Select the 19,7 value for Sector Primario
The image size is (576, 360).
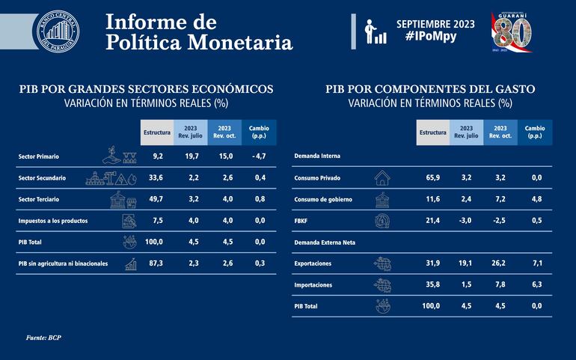point(192,157)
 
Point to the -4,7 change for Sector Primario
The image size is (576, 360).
point(260,157)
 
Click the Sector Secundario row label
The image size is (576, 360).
point(42,178)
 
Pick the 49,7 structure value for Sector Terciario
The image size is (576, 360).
point(157,200)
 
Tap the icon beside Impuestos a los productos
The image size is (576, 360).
point(130,221)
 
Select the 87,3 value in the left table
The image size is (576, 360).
point(157,263)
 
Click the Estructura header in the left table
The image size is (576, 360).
point(157,132)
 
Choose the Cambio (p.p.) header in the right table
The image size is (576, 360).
point(535,132)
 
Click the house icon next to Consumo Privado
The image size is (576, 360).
point(382,178)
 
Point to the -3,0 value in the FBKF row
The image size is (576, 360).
point(466,221)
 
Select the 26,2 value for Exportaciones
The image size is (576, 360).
point(500,263)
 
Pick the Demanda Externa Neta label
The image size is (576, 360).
point(325,242)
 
